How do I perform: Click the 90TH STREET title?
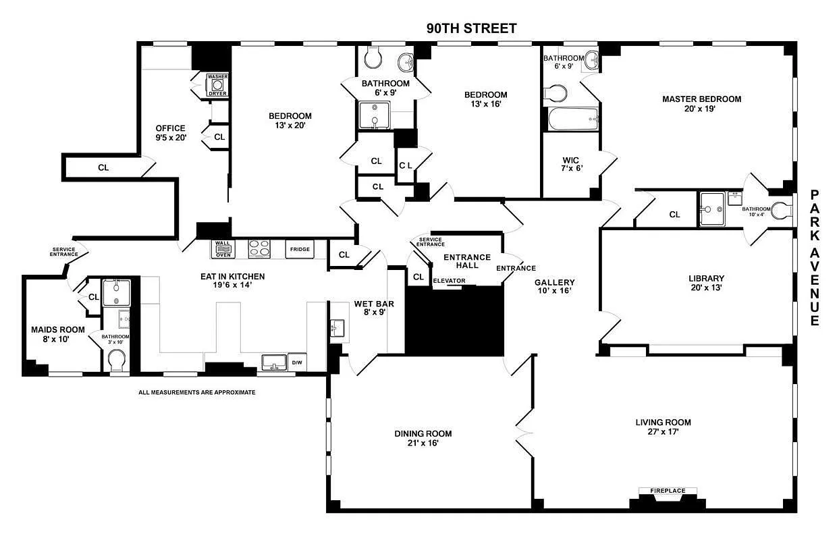(x=471, y=28)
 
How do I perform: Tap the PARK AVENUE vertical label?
(x=815, y=258)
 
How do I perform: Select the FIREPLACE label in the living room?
(x=668, y=491)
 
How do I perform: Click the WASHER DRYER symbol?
(x=217, y=86)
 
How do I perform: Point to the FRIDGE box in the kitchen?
(x=300, y=249)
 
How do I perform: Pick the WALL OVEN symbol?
(x=223, y=249)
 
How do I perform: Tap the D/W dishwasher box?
(x=297, y=362)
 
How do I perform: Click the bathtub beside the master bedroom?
(x=573, y=120)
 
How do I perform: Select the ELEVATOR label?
(x=449, y=280)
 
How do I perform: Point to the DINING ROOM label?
(x=423, y=438)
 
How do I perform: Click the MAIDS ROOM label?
(x=59, y=334)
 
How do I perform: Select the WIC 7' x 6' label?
(x=571, y=165)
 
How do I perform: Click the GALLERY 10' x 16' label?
(x=554, y=287)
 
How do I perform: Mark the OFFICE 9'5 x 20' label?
(x=170, y=132)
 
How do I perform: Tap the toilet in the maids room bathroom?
(x=117, y=360)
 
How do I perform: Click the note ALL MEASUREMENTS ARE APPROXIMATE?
(x=197, y=392)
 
